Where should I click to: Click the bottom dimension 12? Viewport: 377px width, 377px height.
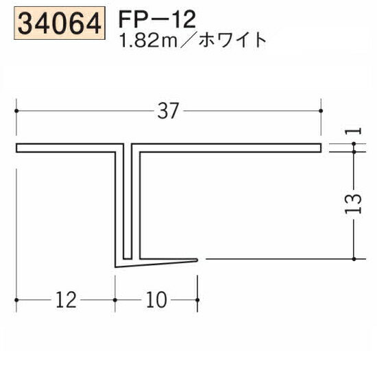65,300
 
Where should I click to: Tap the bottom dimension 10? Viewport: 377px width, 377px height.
156,300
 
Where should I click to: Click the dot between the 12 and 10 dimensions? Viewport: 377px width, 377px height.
114,300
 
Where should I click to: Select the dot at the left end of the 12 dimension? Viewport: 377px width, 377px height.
15,300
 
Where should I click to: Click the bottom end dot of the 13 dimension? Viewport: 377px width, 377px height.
353,260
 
